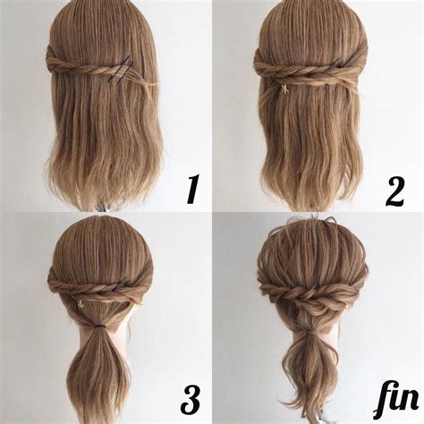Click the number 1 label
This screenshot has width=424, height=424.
(190, 189)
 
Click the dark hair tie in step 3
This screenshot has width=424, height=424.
(94, 337)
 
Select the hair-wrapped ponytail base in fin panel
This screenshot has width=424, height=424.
(310, 338)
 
